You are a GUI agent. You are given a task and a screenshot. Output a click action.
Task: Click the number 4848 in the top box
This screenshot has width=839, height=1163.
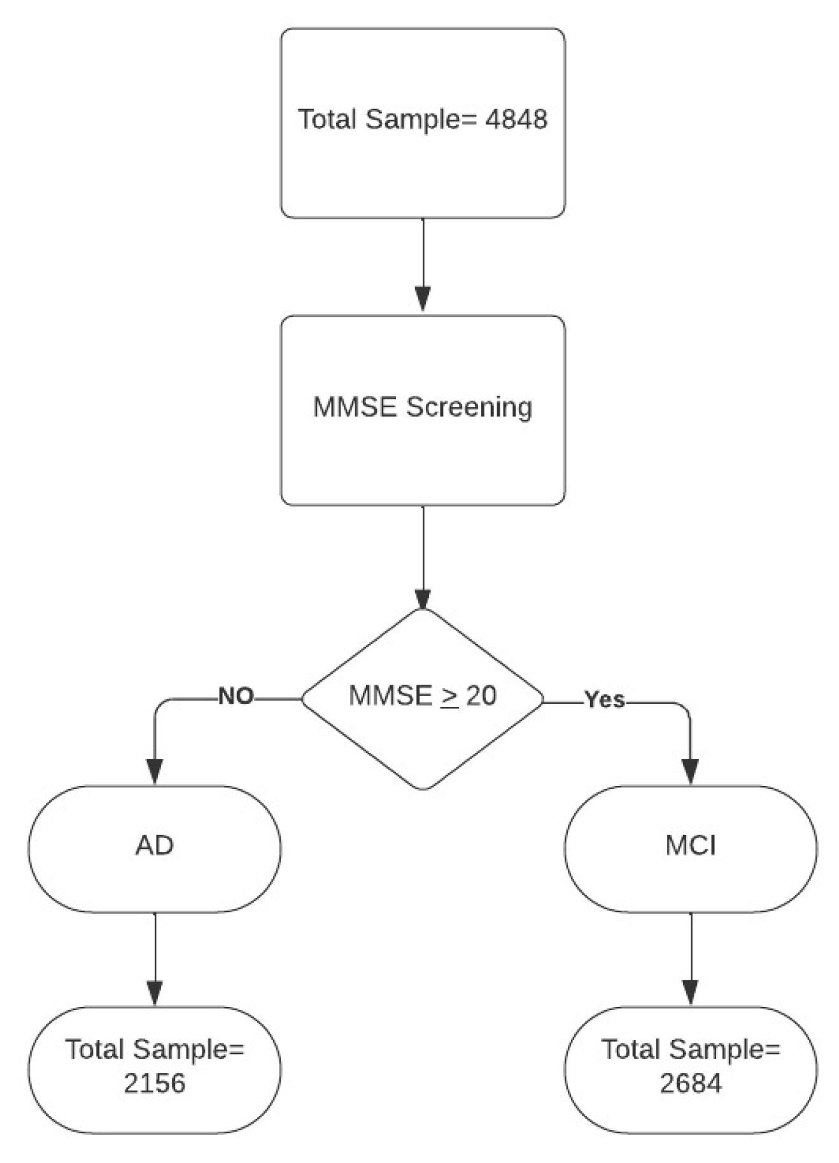[x=516, y=120]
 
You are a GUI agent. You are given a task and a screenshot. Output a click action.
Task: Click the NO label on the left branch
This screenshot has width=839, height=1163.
[x=236, y=696]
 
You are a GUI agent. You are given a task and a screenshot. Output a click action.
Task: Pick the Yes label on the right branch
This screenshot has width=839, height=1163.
[x=605, y=699]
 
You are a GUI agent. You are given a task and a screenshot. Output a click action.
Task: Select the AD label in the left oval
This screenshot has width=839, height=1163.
[x=155, y=846]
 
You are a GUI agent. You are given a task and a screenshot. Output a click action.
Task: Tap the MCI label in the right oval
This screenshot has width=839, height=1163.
[x=691, y=846]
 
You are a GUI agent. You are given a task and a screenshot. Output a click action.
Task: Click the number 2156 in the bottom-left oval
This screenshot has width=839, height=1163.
[x=155, y=1083]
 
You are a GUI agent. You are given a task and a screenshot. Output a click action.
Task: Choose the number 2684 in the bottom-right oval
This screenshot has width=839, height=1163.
[x=691, y=1083]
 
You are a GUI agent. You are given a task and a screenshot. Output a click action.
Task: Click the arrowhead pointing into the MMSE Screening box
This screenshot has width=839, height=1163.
[x=423, y=299]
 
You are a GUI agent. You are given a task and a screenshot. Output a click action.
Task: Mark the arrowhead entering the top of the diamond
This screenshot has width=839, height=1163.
[x=423, y=598]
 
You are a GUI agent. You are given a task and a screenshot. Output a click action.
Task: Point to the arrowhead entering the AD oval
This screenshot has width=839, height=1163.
[x=155, y=771]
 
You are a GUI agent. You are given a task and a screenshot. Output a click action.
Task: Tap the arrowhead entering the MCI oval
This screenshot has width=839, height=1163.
[x=691, y=771]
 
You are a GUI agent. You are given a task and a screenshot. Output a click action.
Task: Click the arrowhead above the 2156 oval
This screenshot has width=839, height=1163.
[x=155, y=992]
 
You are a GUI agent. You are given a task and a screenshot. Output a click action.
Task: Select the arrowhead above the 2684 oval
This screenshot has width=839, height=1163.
[x=691, y=992]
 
